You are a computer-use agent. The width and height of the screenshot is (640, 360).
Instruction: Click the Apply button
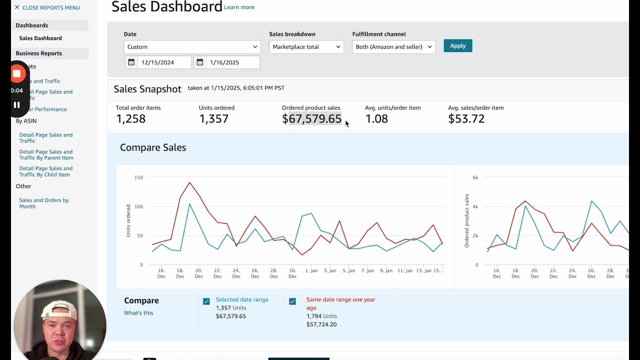pyautogui.click(x=457, y=46)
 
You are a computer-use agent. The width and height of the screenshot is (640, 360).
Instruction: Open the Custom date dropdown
pyautogui.click(x=192, y=47)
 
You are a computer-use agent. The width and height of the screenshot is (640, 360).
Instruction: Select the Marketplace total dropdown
pyautogui.click(x=306, y=47)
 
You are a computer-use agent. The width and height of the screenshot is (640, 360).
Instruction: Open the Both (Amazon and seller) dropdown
pyautogui.click(x=393, y=47)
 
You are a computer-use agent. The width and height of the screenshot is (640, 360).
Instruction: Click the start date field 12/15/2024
pyautogui.click(x=158, y=62)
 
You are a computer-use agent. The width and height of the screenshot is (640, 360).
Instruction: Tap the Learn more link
pyautogui.click(x=239, y=7)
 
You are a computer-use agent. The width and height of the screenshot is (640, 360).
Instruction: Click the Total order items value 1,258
pyautogui.click(x=130, y=119)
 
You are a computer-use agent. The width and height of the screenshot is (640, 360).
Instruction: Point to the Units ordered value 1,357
pyautogui.click(x=213, y=119)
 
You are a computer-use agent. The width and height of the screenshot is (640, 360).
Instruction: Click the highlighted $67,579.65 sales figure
pyautogui.click(x=312, y=119)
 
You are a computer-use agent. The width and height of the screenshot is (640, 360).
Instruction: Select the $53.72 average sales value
pyautogui.click(x=466, y=119)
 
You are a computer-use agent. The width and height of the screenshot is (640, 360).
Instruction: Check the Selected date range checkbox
pyautogui.click(x=206, y=301)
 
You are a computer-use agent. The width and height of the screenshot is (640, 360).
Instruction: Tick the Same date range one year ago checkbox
pyautogui.click(x=292, y=301)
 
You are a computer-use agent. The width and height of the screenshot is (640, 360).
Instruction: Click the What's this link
pyautogui.click(x=138, y=313)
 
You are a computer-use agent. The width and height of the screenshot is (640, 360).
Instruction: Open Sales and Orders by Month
pyautogui.click(x=44, y=203)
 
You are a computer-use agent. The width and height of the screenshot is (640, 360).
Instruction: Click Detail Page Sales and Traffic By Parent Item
pyautogui.click(x=46, y=154)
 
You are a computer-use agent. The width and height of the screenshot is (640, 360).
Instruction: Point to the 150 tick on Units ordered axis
pyautogui.click(x=138, y=177)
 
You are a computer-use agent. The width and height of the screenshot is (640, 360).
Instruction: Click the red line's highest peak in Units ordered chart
pyautogui.click(x=189, y=182)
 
